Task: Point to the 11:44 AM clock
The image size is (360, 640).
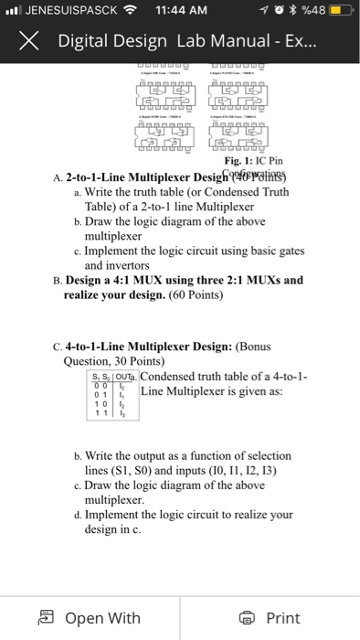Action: [x=184, y=11]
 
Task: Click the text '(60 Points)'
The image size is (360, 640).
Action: [x=174, y=296]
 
